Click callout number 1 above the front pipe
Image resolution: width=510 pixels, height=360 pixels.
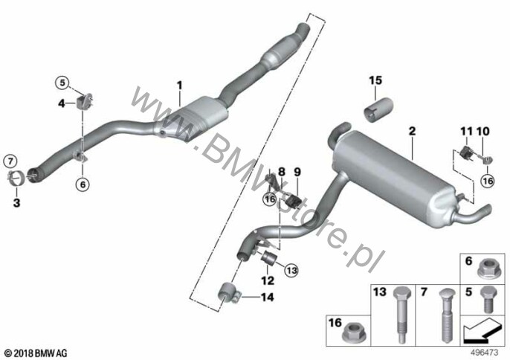179,86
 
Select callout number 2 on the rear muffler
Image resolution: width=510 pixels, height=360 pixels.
411,131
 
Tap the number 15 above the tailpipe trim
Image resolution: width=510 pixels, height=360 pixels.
375,80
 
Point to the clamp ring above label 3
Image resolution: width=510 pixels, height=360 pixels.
15,177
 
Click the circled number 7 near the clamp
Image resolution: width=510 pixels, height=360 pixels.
10,161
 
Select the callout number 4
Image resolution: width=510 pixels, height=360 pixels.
62,104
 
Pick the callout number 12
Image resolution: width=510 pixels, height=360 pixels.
267,280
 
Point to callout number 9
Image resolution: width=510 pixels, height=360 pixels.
297,171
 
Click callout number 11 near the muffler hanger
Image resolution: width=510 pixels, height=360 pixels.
466,132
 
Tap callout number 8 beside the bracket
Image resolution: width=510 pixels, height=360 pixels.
281,171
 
